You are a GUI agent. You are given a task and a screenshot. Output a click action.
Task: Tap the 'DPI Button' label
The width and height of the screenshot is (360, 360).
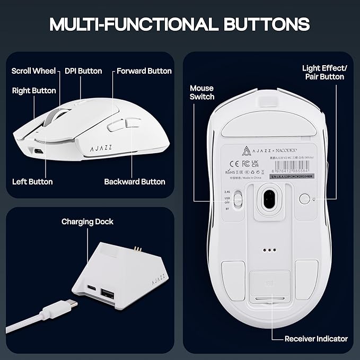pos(83,71)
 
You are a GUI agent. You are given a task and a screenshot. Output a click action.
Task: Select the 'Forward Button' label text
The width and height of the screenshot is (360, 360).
pos(144,71)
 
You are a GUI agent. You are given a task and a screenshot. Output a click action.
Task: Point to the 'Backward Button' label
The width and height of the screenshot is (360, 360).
pos(135,182)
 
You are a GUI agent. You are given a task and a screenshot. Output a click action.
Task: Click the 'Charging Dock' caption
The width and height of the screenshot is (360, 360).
pos(87,222)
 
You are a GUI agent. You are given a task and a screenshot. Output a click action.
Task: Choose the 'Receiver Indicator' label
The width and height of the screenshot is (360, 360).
pos(316,338)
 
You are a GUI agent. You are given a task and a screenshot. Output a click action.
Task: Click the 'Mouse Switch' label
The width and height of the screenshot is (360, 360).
pos(202,92)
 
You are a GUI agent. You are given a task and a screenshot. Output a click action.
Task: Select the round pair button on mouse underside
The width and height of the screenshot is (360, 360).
pos(304,199)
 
